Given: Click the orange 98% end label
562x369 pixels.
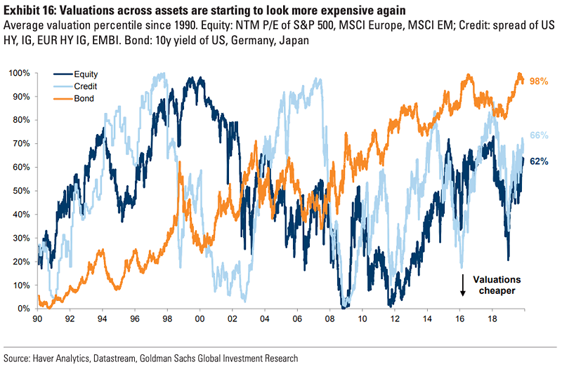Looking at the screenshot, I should pos(539,81).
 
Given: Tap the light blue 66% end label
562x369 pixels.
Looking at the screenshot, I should pos(539,135).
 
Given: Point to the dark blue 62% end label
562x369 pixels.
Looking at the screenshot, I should pos(539,161).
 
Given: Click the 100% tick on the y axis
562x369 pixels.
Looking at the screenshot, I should pos(19,73).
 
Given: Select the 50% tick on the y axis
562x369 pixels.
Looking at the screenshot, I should pos(21,191).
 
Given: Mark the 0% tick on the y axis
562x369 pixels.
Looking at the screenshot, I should pos(24,309).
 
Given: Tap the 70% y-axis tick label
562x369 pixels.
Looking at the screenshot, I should pos(21,144).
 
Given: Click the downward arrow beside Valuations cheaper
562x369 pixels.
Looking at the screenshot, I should pos(463,284).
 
